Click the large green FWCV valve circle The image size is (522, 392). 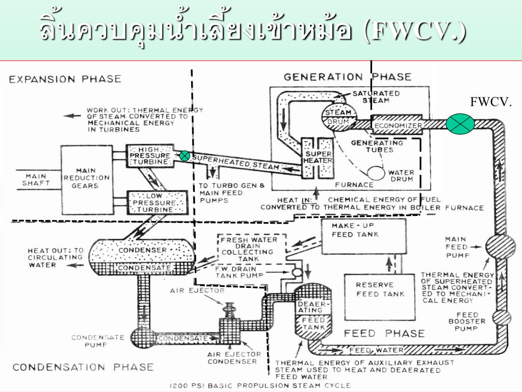(x=460, y=125)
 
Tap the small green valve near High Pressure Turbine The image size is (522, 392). (x=185, y=156)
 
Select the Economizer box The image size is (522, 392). (x=398, y=125)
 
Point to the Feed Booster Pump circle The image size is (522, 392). (x=501, y=318)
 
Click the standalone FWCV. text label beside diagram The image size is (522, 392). (x=490, y=102)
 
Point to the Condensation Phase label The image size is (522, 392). (x=83, y=366)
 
